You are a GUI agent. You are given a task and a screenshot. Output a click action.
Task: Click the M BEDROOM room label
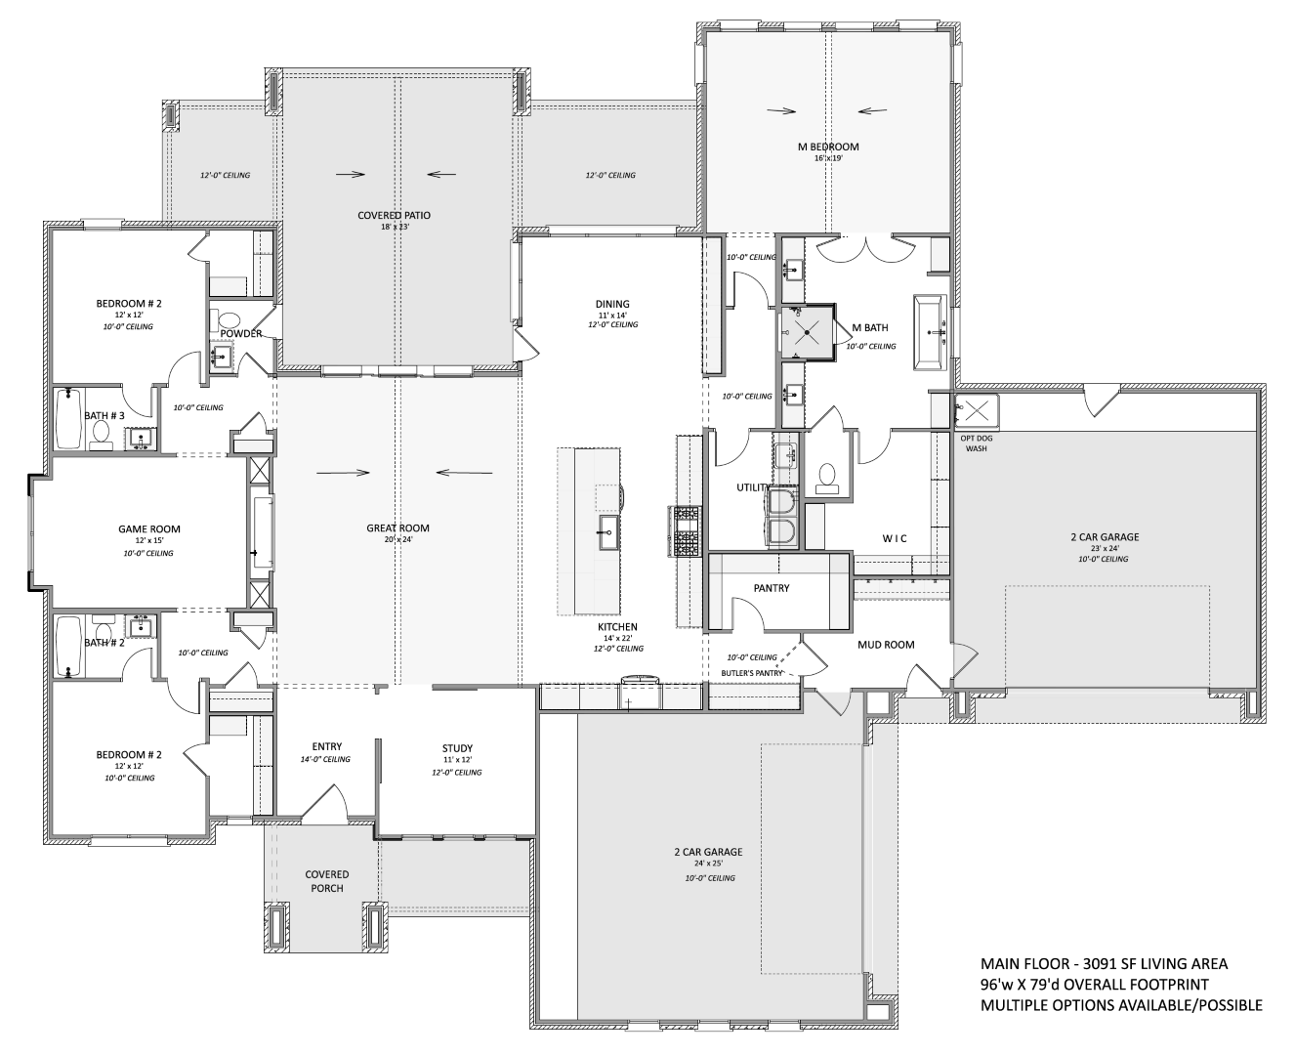pos(828,147)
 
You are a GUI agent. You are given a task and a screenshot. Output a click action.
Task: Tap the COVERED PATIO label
pos(394,215)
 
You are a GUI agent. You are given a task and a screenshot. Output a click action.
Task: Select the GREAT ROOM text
pos(397,527)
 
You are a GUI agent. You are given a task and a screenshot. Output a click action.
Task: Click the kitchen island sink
pos(609,532)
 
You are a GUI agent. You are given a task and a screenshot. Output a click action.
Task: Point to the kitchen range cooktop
pos(687,531)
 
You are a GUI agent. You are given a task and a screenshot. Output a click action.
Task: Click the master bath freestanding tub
pos(930,332)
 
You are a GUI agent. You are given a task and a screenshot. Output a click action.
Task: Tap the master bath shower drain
pos(808,332)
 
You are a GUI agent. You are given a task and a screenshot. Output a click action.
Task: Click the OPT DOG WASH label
pos(976,443)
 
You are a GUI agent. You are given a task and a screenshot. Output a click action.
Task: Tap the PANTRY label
pos(771,588)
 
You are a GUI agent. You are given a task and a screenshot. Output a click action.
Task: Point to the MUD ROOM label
pos(886,645)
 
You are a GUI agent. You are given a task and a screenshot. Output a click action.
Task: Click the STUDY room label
pos(457,748)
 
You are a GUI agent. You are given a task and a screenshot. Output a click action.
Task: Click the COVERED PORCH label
pos(326,881)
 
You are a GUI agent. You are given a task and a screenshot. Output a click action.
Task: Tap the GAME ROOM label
pos(149,529)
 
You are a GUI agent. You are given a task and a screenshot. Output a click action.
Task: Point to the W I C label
pos(895,538)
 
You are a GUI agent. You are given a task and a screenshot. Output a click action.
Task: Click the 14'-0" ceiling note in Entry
pos(325,759)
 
